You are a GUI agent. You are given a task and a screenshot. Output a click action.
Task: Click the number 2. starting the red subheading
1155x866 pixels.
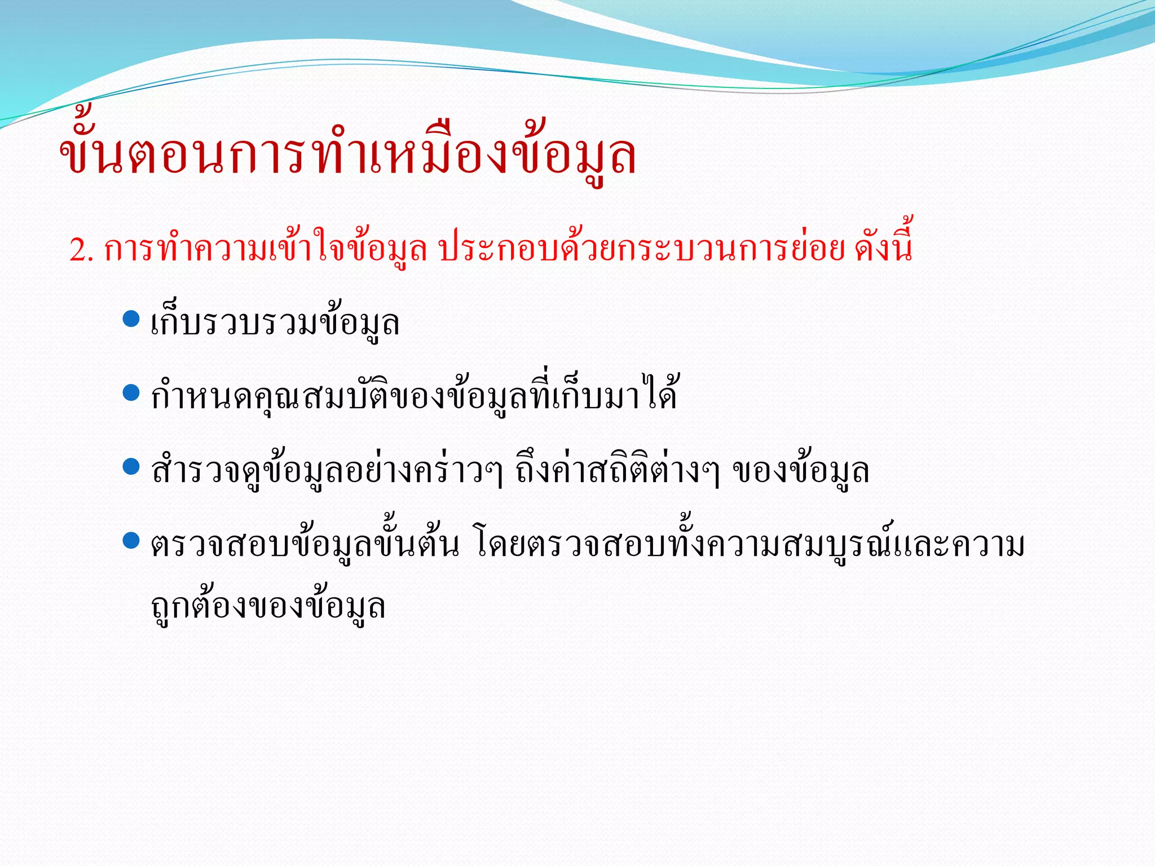point(81,250)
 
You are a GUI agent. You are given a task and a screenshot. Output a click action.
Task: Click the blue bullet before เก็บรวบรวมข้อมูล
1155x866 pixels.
point(131,319)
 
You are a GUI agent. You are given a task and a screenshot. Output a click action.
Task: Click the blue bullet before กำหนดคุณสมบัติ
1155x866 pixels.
point(131,392)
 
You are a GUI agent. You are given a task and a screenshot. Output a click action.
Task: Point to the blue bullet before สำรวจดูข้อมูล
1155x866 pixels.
point(131,466)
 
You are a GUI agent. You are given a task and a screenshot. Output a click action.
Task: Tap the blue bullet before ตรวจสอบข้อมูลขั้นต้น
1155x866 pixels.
point(131,541)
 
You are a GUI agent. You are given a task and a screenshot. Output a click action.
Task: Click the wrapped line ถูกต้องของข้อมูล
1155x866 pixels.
point(268,607)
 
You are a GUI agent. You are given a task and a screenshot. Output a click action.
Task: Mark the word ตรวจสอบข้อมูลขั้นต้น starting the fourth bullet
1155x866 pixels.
point(305,545)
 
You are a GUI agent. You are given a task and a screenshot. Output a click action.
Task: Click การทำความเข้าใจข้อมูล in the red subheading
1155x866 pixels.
point(265,249)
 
